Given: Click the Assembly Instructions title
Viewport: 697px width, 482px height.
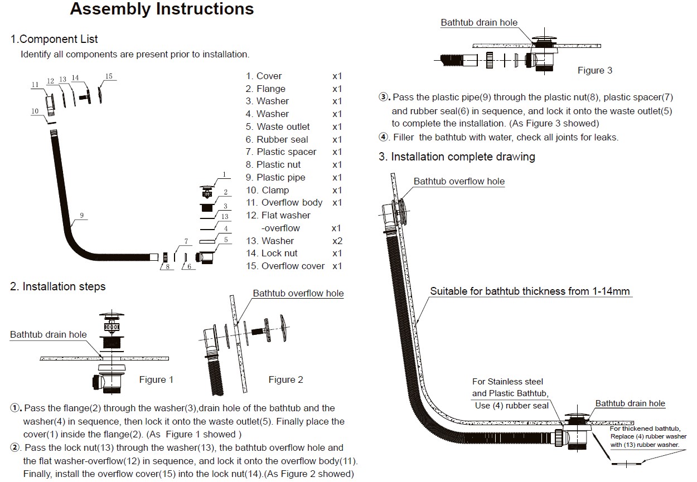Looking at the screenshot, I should [162, 9].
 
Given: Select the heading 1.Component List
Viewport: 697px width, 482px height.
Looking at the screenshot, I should [54, 39].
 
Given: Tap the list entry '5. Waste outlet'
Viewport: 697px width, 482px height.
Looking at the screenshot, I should [278, 126].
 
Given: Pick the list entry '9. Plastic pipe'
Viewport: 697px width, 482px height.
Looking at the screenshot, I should [275, 177].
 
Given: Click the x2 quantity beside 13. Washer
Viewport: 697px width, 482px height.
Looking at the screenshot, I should [337, 241].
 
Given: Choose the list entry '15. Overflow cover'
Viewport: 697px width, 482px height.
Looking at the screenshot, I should [285, 266].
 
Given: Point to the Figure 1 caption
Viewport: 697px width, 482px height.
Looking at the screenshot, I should [156, 379].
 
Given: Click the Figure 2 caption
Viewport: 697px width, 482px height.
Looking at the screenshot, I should [285, 379].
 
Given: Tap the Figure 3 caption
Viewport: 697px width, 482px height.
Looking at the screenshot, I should [594, 70].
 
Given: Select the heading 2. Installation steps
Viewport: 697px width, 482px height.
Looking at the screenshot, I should [57, 286].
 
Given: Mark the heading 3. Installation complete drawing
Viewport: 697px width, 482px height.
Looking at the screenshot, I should [457, 157].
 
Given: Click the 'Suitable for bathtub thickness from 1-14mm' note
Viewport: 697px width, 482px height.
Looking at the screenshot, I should [530, 291].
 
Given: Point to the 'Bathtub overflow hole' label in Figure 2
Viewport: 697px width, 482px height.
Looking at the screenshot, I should [298, 293].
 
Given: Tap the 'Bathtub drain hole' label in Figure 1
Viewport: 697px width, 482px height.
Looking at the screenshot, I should [49, 334].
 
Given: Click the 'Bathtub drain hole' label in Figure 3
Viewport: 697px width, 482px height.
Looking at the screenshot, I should [479, 23].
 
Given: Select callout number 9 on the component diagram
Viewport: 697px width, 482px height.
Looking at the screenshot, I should [81, 215].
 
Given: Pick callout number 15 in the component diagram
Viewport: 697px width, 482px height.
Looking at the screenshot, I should [109, 76].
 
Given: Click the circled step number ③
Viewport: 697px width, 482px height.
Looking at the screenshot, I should [383, 98].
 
